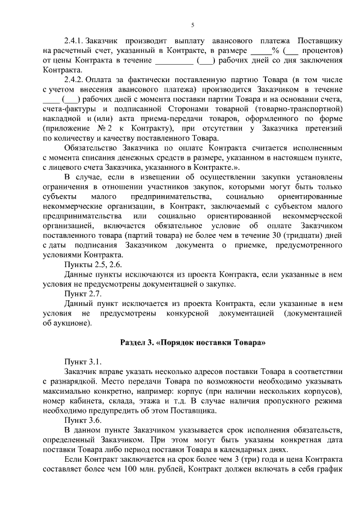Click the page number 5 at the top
192,25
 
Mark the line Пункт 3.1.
83,362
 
